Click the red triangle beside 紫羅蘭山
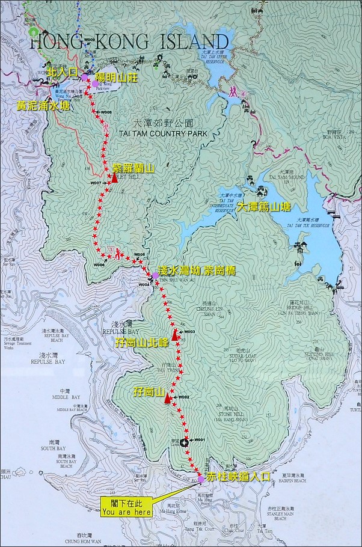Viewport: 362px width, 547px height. [114, 178]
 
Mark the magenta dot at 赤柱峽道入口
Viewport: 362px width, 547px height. [201, 479]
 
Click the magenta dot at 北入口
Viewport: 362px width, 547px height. [85, 77]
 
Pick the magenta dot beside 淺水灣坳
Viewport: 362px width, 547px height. [155, 275]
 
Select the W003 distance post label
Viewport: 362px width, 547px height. [191, 332]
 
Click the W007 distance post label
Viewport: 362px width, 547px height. [96, 183]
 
